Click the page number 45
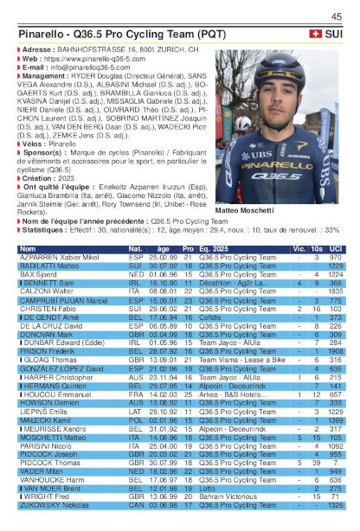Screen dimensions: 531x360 (336, 15)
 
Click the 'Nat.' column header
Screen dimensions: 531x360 (136, 247)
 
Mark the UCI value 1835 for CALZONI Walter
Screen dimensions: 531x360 (336, 291)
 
